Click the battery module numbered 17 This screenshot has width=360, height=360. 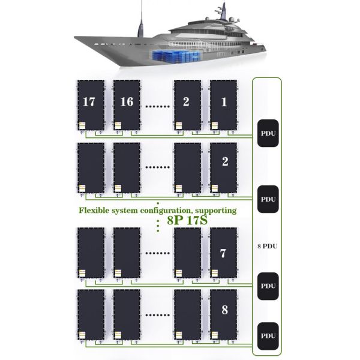pos(90,106)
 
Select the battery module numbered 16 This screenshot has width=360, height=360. pos(127,106)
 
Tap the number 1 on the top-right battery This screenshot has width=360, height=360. pos(224,102)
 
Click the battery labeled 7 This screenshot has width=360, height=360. pos(223,253)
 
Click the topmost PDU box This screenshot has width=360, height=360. pos(267,133)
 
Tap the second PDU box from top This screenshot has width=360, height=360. pos(267,199)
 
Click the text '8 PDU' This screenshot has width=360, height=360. pos(267,247)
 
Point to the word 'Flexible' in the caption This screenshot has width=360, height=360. pos(96,211)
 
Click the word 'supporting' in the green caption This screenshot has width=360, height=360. pos(213,211)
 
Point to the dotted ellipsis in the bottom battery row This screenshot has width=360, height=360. pos(157,314)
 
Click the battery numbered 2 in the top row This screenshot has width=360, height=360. pos(187,103)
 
